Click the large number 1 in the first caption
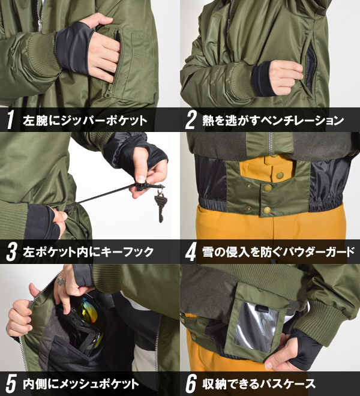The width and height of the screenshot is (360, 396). pyautogui.click(x=10, y=120)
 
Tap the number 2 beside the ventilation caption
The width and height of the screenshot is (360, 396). pyautogui.click(x=190, y=120)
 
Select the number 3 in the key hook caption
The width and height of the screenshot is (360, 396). pyautogui.click(x=11, y=252)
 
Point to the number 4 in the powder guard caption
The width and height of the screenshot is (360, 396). pyautogui.click(x=190, y=252)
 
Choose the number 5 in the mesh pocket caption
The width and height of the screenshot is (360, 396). pyautogui.click(x=11, y=384)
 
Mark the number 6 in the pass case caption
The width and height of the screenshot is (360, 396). pyautogui.click(x=191, y=384)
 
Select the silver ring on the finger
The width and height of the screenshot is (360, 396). pyautogui.click(x=61, y=281)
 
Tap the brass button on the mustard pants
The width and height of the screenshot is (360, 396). pyautogui.click(x=280, y=175)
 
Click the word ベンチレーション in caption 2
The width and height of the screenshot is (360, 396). pyautogui.click(x=302, y=120)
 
